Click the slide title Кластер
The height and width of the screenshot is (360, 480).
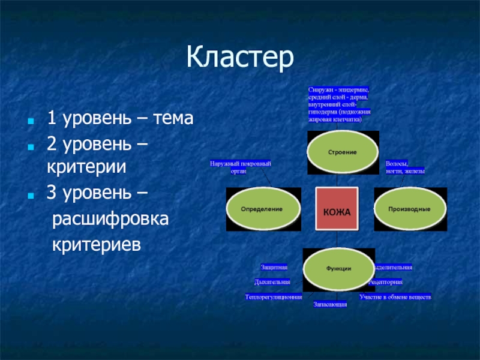tap(240, 58)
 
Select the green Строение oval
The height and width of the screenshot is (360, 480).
tap(342, 152)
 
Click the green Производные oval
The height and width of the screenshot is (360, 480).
tap(410, 208)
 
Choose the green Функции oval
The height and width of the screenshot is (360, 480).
tap(339, 268)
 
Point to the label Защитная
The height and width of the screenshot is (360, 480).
tap(274, 266)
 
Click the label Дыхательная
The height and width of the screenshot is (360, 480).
tap(272, 281)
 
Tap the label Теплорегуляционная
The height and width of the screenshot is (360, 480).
tap(274, 296)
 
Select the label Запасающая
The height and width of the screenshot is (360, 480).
tap(331, 304)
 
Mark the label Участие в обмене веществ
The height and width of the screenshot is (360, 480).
tap(395, 296)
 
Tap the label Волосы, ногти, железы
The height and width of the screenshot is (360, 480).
tap(405, 167)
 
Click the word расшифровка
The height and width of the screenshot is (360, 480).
tap(110, 218)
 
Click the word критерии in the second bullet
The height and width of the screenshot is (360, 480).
tap(86, 167)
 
